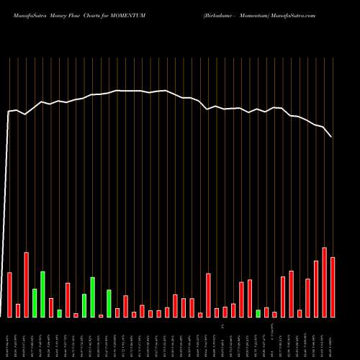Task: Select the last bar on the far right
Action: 333,287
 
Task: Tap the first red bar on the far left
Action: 9,294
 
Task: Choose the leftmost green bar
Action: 35,302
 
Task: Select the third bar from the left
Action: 26,284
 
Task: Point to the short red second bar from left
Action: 18,310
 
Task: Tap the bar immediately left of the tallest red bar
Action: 316,289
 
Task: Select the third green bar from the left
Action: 59,313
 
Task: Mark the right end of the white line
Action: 332,137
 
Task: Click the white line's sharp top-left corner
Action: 9,112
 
